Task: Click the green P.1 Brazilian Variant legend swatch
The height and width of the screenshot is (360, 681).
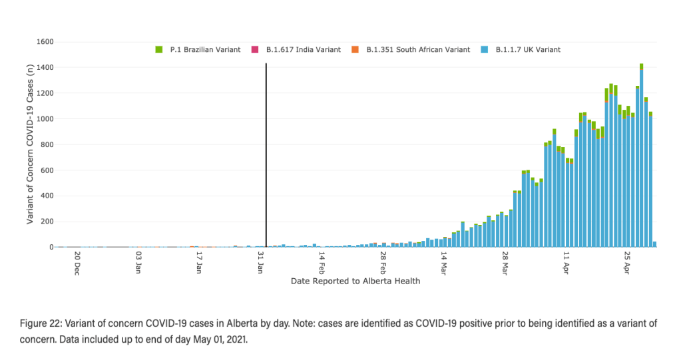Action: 158,50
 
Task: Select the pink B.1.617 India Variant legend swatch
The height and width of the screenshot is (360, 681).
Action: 254,50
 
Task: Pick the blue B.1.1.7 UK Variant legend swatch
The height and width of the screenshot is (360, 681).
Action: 485,50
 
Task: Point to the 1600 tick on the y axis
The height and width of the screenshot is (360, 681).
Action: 45,42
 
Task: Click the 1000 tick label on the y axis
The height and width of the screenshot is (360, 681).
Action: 45,119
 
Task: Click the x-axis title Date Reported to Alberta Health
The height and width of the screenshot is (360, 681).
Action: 355,281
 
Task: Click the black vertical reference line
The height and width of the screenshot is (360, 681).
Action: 266,153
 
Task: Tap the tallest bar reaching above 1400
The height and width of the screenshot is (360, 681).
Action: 641,160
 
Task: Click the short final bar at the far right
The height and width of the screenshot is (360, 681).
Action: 654,244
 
